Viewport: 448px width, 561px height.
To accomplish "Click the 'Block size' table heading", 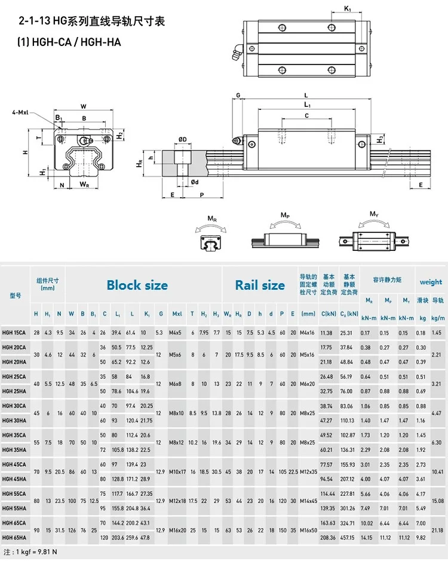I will click(x=137, y=285).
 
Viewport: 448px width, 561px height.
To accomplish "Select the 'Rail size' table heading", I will click(x=260, y=285).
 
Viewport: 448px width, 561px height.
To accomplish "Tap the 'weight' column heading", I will click(x=431, y=282).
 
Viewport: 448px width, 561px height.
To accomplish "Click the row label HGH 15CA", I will click(x=14, y=332).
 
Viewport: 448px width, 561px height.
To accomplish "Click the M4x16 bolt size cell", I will click(x=308, y=332).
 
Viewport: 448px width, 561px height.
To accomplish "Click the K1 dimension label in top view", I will click(x=348, y=8).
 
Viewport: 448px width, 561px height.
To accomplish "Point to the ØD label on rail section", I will click(x=182, y=140).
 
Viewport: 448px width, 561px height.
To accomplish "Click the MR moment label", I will click(x=211, y=219).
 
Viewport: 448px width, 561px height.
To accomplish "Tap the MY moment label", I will click(x=374, y=214).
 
